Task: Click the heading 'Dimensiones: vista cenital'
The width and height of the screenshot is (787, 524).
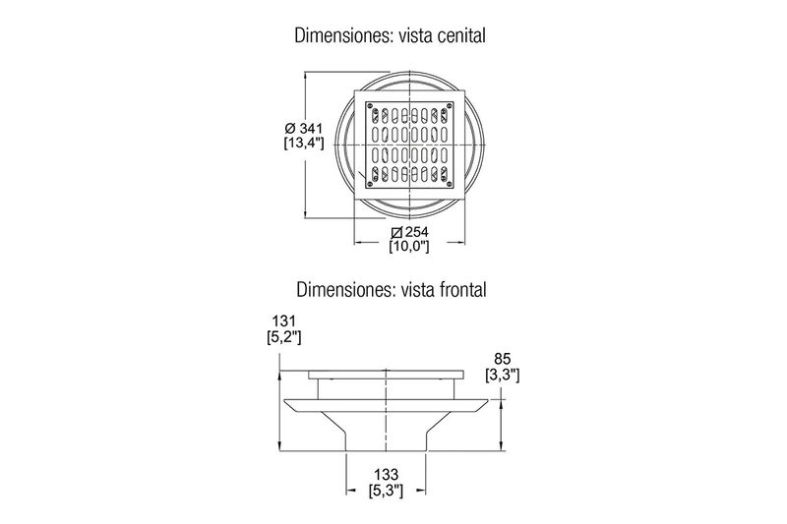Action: tap(390, 35)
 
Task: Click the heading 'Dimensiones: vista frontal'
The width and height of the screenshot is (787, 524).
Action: tap(391, 289)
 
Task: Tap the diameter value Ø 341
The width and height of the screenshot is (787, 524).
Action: tap(304, 128)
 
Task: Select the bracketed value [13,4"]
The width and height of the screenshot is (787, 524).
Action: tap(304, 143)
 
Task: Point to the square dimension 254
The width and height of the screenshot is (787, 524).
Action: tap(416, 232)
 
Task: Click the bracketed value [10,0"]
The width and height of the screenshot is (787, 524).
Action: tap(409, 246)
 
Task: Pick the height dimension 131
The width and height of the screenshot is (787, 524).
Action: tap(284, 320)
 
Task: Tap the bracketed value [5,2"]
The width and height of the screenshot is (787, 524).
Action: tap(284, 337)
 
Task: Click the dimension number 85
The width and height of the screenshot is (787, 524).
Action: tap(503, 359)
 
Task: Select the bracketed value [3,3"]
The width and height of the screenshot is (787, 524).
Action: tap(503, 375)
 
